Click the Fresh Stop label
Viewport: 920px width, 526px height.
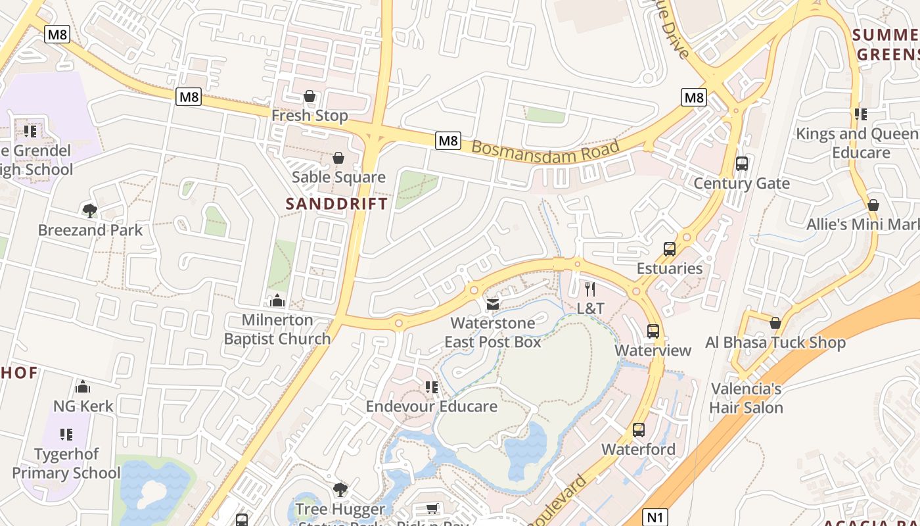click(310, 116)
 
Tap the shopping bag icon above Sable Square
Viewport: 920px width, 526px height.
click(338, 158)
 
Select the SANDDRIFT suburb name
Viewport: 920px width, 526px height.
click(337, 204)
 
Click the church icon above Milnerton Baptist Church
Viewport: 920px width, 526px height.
click(277, 301)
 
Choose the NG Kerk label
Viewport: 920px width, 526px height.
click(83, 406)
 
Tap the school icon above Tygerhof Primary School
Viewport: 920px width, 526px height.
click(66, 434)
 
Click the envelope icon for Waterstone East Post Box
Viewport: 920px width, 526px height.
click(493, 304)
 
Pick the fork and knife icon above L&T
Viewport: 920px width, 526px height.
click(590, 289)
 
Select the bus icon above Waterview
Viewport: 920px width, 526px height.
click(653, 331)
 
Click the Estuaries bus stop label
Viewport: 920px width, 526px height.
click(670, 268)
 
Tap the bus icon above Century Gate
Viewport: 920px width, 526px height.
click(742, 164)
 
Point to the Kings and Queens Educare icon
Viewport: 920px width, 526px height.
click(861, 114)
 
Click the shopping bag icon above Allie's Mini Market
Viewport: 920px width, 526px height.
click(873, 205)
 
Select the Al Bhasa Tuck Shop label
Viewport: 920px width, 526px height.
click(775, 343)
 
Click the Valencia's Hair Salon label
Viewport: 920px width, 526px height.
click(747, 398)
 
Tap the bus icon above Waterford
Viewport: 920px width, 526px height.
click(639, 430)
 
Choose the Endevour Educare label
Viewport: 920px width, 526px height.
click(431, 406)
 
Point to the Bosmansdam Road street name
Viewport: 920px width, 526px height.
click(545, 149)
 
